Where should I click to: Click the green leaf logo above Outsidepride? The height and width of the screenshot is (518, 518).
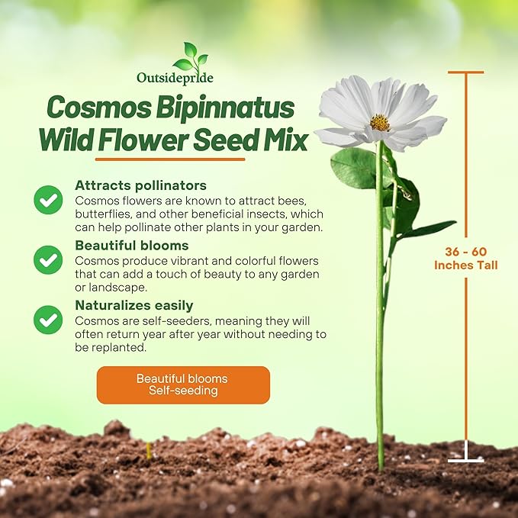coord(190,57)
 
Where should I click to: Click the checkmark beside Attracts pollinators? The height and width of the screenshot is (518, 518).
coord(48,200)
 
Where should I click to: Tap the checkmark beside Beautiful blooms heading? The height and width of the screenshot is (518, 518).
coord(48,260)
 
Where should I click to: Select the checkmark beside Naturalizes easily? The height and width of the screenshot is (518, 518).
coord(48,320)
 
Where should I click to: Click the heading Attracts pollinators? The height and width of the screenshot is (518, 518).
coord(140,185)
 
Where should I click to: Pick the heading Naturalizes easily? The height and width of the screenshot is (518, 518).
coord(134,305)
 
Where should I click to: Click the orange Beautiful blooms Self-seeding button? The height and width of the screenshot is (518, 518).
coord(182,384)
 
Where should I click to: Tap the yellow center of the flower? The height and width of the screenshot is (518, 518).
coord(380,122)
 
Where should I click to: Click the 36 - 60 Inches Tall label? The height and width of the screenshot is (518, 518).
coord(465,259)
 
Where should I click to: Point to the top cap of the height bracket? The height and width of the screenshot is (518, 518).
coord(465,72)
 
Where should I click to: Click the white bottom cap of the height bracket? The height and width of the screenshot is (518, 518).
coord(465,460)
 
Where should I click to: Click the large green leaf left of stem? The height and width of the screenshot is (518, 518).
coord(355,168)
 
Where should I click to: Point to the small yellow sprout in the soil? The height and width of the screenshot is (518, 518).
coord(148,450)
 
